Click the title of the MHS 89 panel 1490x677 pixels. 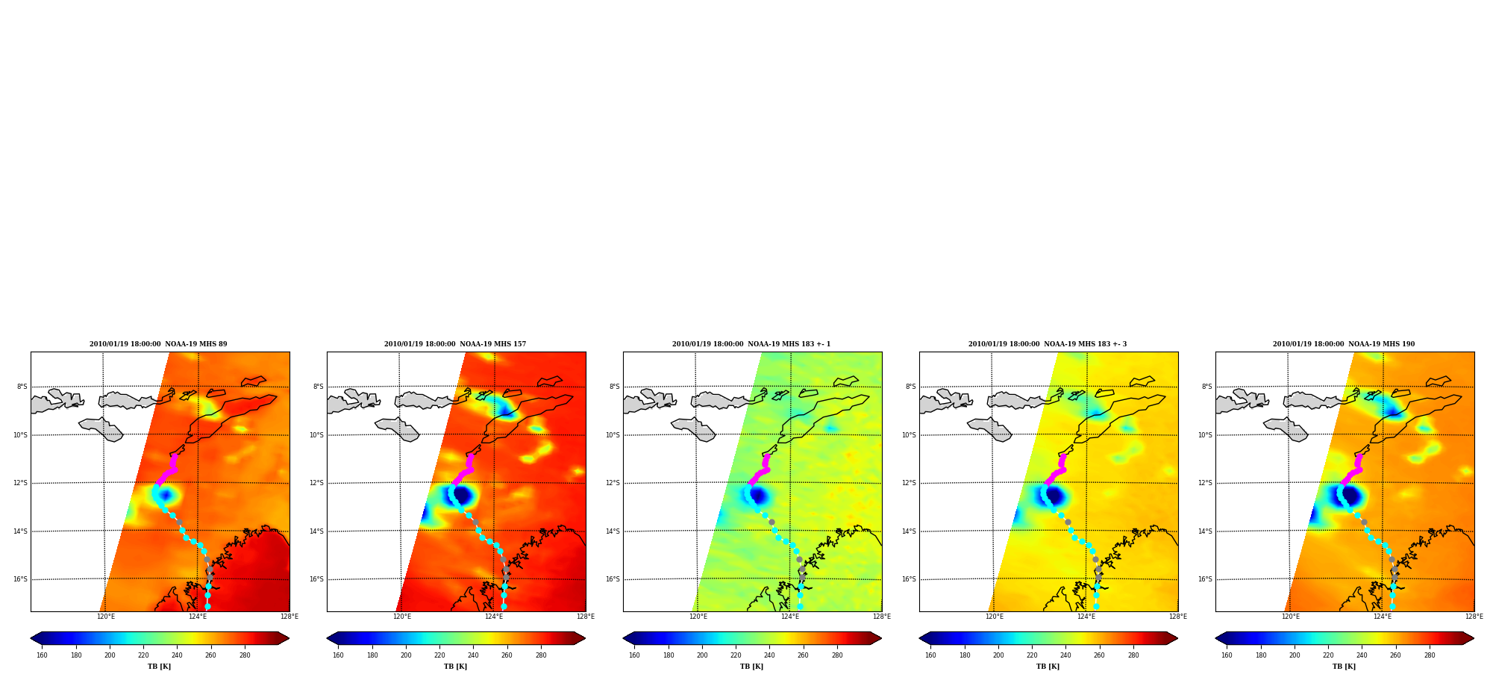click(x=158, y=344)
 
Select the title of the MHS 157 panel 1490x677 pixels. click(x=455, y=344)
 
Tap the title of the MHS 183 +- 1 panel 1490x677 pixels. click(x=751, y=344)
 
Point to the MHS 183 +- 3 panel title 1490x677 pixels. click(x=1048, y=344)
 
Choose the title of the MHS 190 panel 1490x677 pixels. click(x=1344, y=344)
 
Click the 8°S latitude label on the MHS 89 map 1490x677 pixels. click(x=22, y=387)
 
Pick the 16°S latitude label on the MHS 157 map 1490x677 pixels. click(x=317, y=579)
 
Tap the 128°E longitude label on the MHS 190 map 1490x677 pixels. click(x=1474, y=617)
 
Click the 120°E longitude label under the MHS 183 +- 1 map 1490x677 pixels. click(x=698, y=617)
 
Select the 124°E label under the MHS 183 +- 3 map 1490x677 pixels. click(x=1086, y=617)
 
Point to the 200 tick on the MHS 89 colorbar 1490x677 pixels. click(x=110, y=655)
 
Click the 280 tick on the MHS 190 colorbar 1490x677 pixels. click(x=1430, y=655)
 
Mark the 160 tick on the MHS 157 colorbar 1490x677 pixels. click(x=338, y=655)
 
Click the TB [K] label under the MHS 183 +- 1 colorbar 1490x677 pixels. click(x=751, y=667)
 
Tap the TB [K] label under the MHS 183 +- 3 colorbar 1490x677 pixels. click(x=1048, y=667)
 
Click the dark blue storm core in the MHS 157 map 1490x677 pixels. click(x=463, y=495)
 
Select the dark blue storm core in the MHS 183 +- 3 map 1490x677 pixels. click(x=1054, y=496)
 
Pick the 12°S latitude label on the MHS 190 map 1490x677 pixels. click(x=1206, y=483)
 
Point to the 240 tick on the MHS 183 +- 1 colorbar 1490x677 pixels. click(x=769, y=655)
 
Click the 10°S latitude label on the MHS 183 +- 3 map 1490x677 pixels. click(x=910, y=435)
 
